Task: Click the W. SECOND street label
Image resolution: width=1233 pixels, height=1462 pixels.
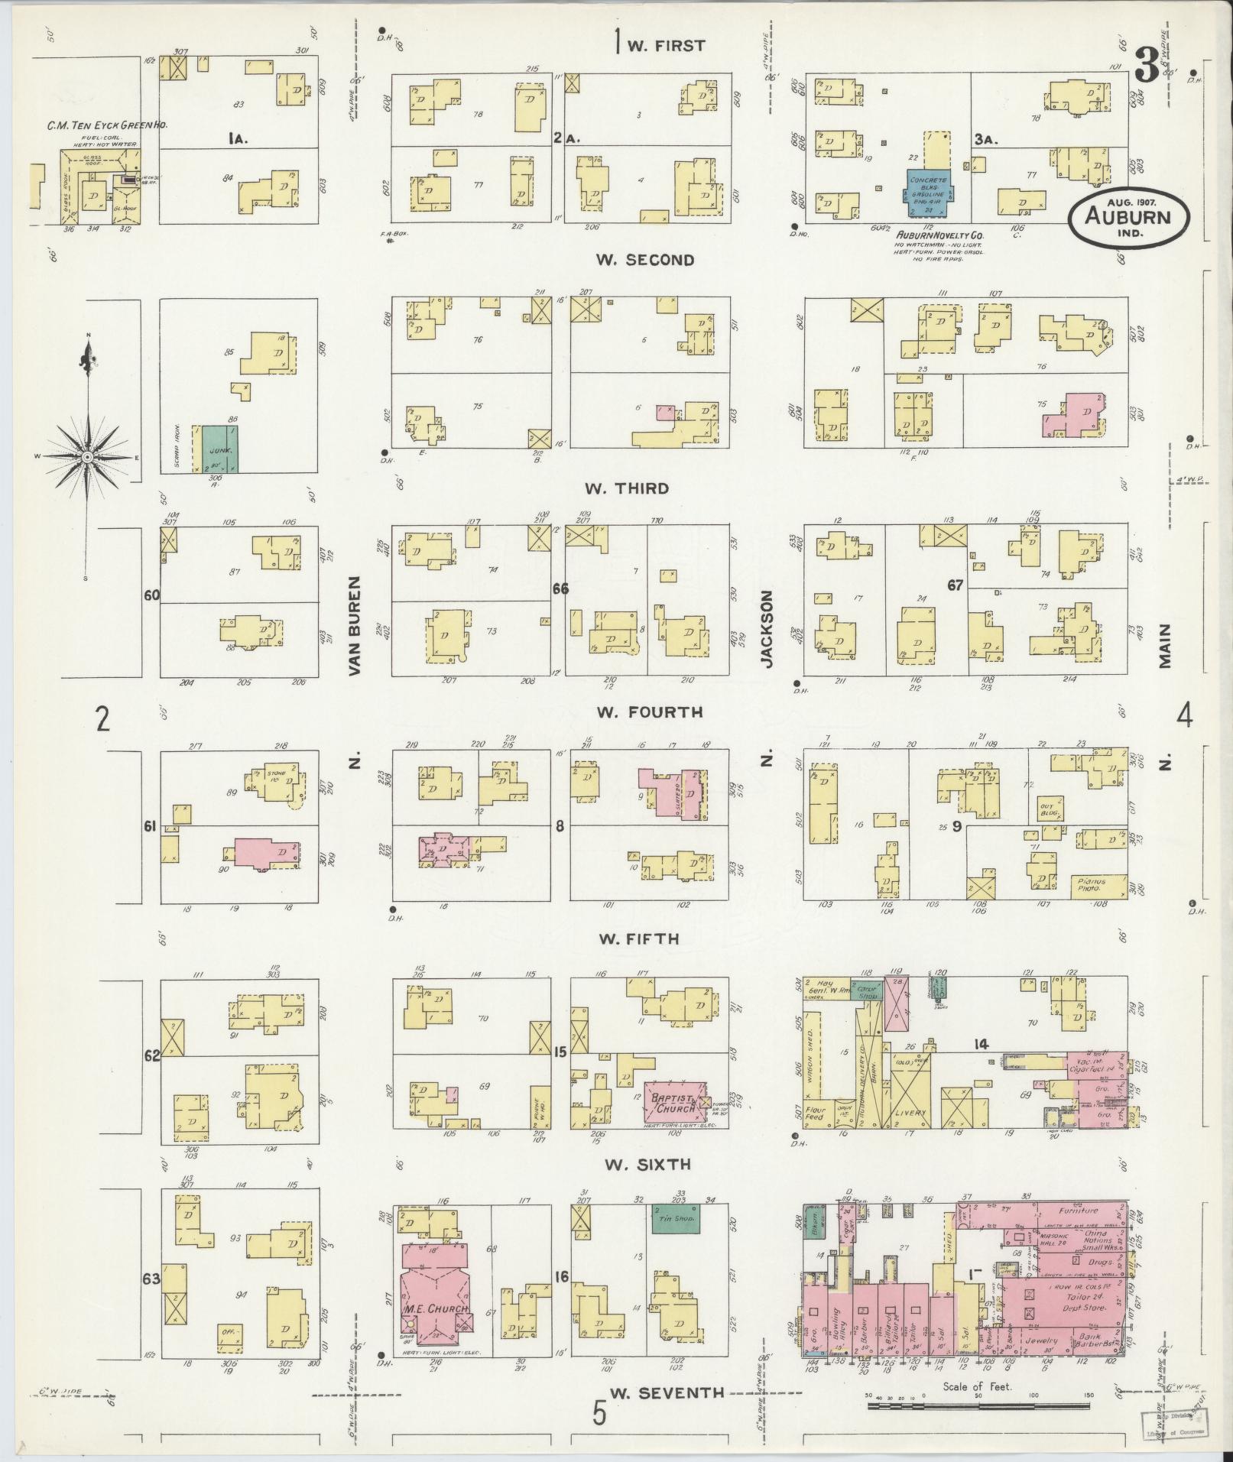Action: [646, 260]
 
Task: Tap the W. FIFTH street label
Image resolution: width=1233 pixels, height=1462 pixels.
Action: [638, 938]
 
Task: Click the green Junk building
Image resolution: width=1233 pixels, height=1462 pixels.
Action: [219, 451]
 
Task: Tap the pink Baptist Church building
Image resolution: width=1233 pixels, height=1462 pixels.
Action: [670, 1102]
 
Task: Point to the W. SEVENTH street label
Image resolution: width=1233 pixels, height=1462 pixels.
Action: [667, 1392]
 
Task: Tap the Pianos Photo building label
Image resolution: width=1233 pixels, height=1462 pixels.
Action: [1093, 883]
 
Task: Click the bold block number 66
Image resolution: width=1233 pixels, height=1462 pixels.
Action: [561, 588]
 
